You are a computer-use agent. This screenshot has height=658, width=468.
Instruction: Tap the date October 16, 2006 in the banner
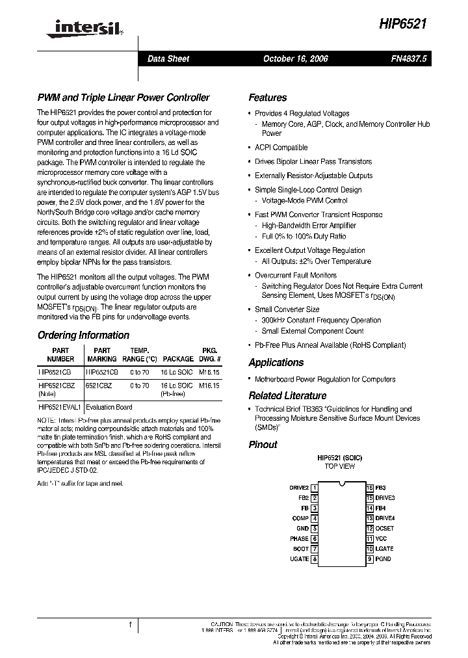[295, 59]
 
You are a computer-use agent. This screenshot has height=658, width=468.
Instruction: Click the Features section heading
[267, 98]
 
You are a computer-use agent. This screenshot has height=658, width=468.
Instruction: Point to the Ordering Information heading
[83, 336]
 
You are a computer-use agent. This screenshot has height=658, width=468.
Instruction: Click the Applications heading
[276, 363]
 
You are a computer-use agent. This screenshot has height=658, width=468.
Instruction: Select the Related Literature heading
[287, 395]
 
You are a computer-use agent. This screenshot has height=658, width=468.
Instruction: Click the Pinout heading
[263, 445]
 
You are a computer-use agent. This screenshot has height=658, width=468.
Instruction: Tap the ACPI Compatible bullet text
[281, 148]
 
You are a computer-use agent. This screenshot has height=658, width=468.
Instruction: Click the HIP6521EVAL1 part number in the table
[59, 407]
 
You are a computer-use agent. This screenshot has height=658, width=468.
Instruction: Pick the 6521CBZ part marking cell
[99, 386]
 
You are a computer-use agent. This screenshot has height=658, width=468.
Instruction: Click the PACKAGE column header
[178, 359]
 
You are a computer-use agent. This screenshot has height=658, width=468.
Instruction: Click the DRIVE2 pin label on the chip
[298, 488]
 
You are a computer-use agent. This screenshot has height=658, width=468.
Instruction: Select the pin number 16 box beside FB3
[369, 488]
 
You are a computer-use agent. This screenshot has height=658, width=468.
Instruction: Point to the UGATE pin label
[299, 559]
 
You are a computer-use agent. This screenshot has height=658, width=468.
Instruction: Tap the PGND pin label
[383, 559]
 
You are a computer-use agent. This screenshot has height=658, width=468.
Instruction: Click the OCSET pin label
[385, 529]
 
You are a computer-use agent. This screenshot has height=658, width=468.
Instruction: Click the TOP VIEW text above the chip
[339, 467]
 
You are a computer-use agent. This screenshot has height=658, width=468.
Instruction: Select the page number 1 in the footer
[131, 625]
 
